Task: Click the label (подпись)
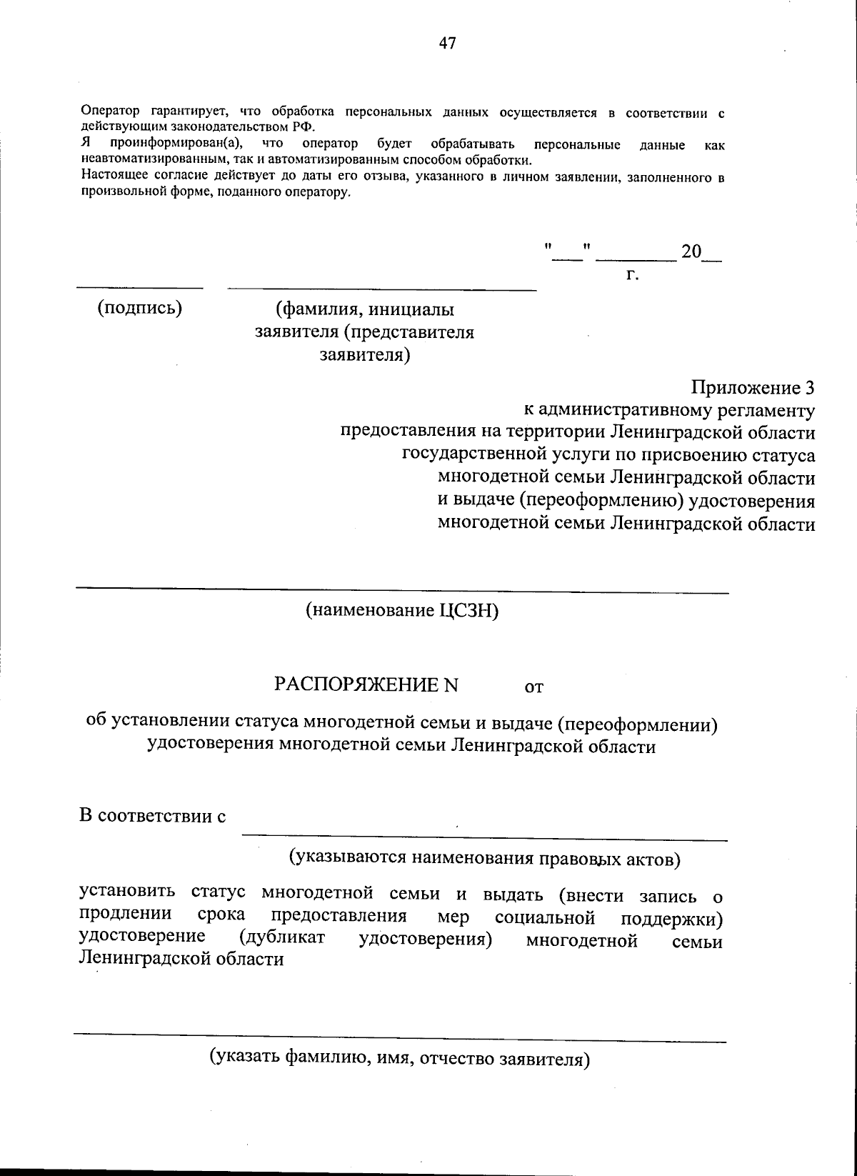pos(140,308)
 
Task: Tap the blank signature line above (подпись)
pos(140,288)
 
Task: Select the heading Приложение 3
pos(753,388)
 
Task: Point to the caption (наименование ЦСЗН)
pos(401,611)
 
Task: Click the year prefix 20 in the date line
pos(691,252)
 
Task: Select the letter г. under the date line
pos(632,274)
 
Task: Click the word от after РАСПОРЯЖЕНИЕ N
pos(534,687)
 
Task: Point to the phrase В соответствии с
pos(153,816)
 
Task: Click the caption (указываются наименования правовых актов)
pos(484,857)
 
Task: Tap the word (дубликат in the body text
pos(283,937)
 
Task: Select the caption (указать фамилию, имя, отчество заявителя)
pos(399,1058)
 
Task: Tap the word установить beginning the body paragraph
pos(126,893)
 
